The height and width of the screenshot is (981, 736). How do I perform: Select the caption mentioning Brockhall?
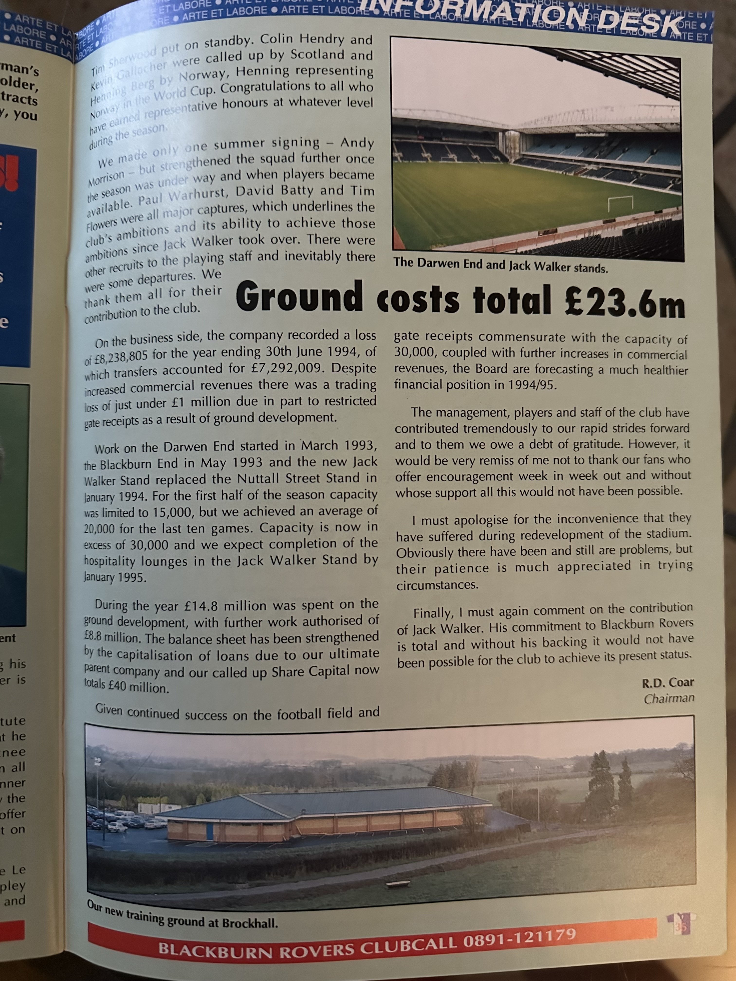182,915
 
